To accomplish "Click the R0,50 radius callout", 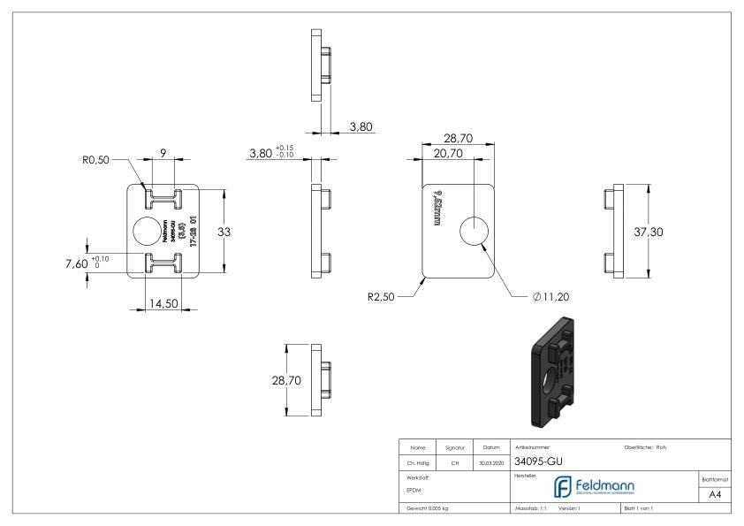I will point(94,160).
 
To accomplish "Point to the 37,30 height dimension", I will point(671,231).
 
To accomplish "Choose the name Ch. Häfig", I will point(416,461).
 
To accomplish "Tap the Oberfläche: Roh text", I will point(645,447).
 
